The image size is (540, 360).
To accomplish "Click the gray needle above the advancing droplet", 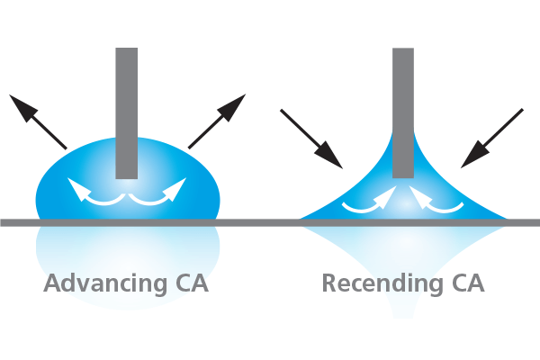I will pyautogui.click(x=127, y=99).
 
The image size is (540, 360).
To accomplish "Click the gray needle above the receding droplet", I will pyautogui.click(x=403, y=99).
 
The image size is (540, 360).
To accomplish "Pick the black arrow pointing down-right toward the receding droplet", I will pyautogui.click(x=311, y=139).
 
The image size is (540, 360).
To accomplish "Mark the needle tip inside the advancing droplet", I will pyautogui.click(x=127, y=173).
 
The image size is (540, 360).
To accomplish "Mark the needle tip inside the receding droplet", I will pyautogui.click(x=403, y=173).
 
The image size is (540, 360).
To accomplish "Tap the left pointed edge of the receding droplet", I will pyautogui.click(x=302, y=218).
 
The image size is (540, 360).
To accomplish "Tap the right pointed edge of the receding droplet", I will pyautogui.click(x=506, y=218).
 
